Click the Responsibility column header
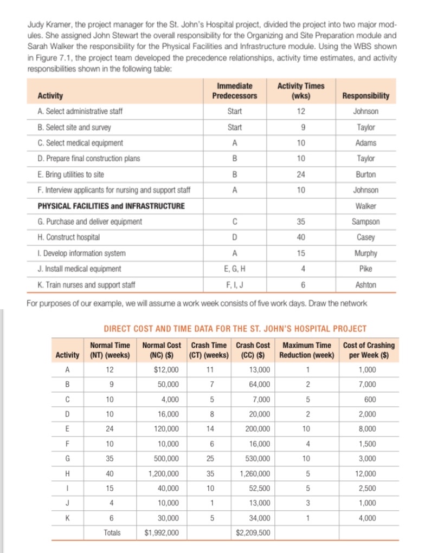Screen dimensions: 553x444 tap(366, 96)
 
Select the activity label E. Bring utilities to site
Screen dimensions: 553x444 tap(70, 174)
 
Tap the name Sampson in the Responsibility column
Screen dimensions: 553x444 tap(366, 222)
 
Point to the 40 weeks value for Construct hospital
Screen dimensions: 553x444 tap(301, 237)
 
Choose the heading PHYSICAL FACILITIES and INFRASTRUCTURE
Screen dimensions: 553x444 tap(111, 206)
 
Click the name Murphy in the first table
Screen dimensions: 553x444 tap(366, 253)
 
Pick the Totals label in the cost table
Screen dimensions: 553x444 tap(112, 533)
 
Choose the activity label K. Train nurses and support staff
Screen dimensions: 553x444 tap(86, 284)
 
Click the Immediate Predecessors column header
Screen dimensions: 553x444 tap(235, 91)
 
